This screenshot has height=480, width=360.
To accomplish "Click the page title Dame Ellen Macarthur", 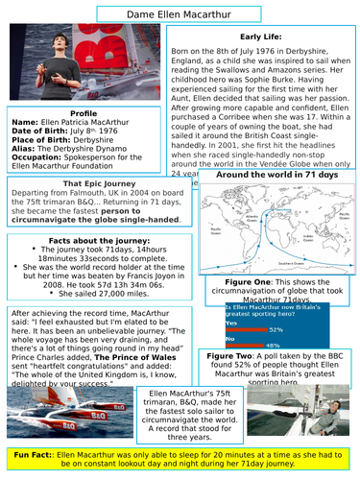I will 180,12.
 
